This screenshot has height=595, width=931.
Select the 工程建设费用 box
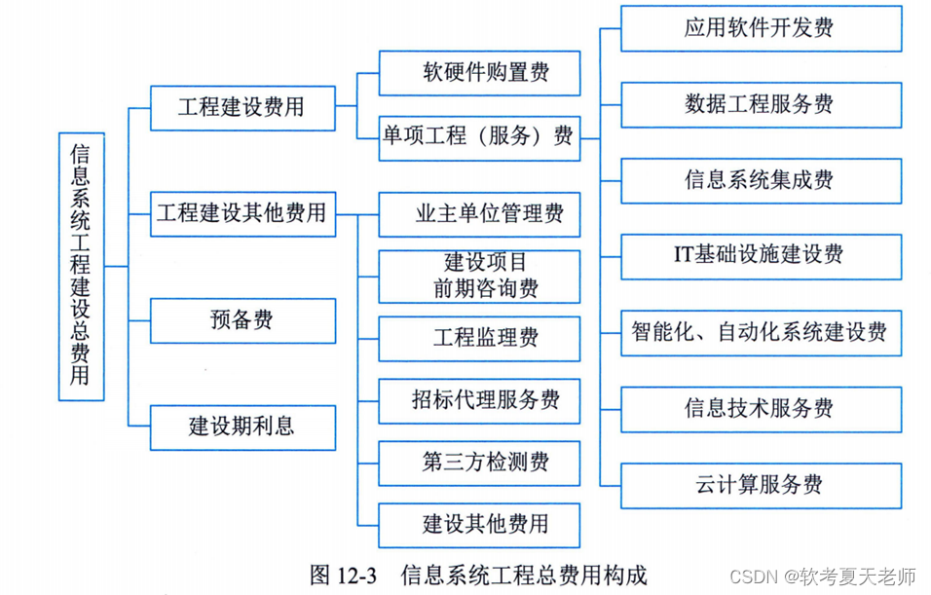coord(242,106)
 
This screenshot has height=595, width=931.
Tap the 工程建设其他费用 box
coord(242,213)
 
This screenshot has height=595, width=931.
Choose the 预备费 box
coord(242,320)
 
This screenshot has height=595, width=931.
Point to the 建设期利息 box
coord(242,427)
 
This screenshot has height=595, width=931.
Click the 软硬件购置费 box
coord(479,73)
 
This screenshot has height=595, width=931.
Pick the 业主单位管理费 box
coord(479,214)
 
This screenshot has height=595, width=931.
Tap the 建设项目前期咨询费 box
coord(479,276)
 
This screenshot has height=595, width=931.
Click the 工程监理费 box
coord(479,338)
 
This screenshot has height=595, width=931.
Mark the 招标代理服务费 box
coord(479,399)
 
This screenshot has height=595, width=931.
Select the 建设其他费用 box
coord(479,525)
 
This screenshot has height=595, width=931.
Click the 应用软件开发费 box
coord(759,27)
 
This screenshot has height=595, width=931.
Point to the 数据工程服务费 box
coord(759,104)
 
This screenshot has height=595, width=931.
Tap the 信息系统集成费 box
coord(759,180)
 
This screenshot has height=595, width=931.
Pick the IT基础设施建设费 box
coord(759,255)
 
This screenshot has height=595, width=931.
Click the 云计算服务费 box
coord(759,484)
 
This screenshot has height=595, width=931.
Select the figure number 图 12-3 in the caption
coord(342,574)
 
